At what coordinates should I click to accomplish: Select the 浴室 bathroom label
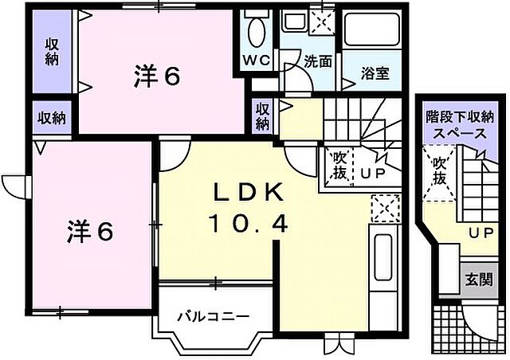[x=375, y=74]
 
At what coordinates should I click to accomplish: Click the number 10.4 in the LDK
[x=247, y=225]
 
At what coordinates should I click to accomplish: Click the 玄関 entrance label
[x=479, y=280]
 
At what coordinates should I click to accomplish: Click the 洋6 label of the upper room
[x=157, y=76]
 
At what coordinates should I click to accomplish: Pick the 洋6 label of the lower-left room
[x=88, y=231]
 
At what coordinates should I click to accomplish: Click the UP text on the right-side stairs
[x=480, y=233]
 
